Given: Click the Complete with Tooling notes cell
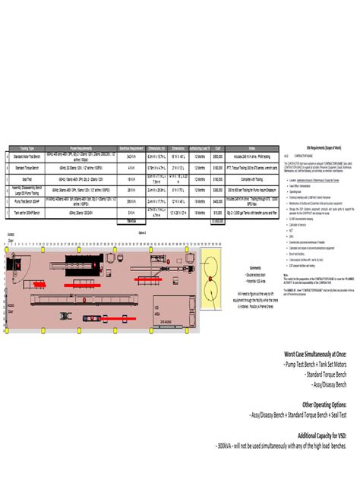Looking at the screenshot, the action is (x=251, y=180).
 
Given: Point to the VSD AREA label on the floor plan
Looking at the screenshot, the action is (x=156, y=291).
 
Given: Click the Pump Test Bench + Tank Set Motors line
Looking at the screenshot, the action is (x=311, y=365).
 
